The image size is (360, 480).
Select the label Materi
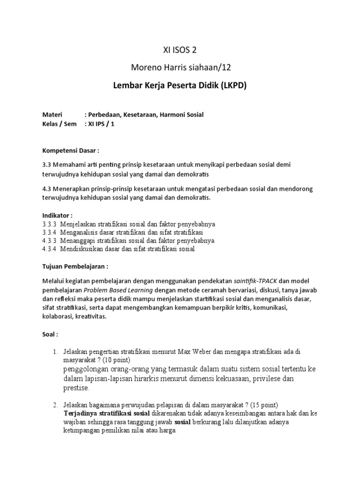(x=52, y=114)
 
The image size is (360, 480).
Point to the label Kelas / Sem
(x=60, y=124)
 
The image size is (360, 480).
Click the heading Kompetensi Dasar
(x=70, y=151)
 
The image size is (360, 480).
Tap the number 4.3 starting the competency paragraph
(x=47, y=188)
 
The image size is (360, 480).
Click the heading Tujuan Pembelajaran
(x=75, y=266)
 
